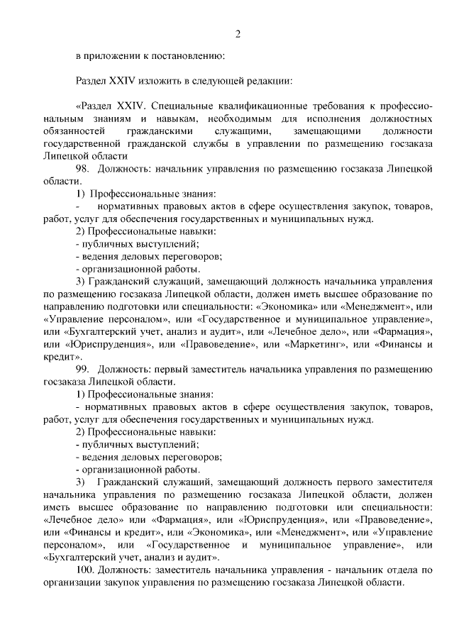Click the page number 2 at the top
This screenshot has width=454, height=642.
click(238, 33)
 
